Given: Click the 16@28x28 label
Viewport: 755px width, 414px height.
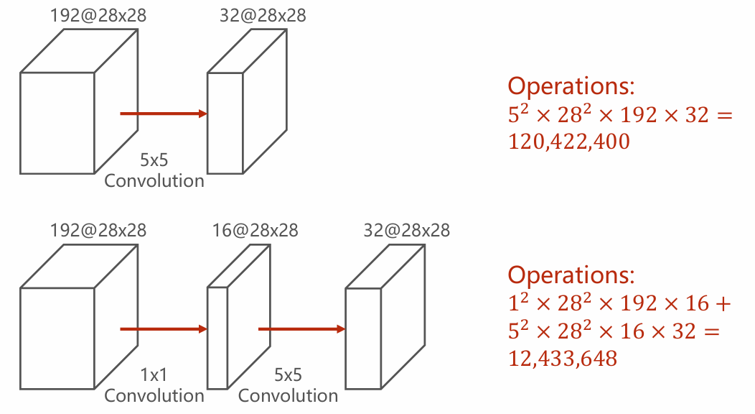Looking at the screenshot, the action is pos(255,231).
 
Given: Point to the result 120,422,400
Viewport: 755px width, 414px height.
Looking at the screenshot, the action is pos(569,142).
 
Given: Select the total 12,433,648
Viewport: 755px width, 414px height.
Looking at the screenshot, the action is pos(563,359).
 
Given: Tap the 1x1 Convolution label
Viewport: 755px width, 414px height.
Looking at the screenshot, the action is pos(154,385).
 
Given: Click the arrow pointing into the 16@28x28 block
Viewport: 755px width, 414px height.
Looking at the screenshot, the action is pos(164,329).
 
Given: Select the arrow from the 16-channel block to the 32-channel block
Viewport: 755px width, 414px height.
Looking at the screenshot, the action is pos(302,329).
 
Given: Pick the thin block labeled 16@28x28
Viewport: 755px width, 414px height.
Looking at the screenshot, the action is pos(239,317).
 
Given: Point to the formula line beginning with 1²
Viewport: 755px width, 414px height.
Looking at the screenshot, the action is pos(619,303).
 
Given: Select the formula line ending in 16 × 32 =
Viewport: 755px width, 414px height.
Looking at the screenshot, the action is pos(614,331).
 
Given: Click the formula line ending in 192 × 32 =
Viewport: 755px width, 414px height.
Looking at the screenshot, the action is pos(621,115).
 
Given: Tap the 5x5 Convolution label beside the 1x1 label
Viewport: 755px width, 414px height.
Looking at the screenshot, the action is pos(288,385).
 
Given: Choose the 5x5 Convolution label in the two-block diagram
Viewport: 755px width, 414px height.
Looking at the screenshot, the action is pos(154,170).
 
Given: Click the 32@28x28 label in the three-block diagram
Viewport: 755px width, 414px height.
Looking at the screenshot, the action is pos(407,231).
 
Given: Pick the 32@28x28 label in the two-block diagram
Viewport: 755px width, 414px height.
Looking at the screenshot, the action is pos(263,15).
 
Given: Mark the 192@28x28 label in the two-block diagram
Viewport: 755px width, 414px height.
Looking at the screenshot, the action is pos(98,15).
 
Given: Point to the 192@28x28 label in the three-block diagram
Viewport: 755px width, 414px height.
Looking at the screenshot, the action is pos(98,231).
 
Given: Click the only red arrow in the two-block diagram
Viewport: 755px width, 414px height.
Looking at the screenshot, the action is pos(164,114).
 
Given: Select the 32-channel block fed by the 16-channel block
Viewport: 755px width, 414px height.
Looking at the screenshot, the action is pos(385,317).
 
